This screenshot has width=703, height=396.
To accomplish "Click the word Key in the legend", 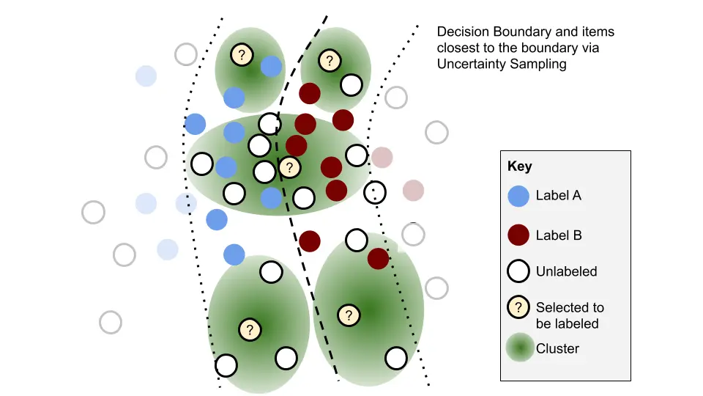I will pos(519,166).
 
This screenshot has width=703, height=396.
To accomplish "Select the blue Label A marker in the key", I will pos(518,196).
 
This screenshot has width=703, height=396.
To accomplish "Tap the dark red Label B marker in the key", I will pos(518,235).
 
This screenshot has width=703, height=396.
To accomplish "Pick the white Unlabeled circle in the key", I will pos(518,271).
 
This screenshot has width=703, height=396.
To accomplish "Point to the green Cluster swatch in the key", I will pos(518,349).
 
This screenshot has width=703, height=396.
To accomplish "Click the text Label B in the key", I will pos(559,235).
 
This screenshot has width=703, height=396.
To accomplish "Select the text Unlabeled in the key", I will pos(566,271).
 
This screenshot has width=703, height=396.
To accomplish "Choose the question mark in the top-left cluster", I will pos(242,54).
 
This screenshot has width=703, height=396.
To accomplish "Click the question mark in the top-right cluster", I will pos(330,60).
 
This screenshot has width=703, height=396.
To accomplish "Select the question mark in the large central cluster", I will pos(290,168).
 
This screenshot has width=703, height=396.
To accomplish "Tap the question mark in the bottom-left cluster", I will pos(250,329).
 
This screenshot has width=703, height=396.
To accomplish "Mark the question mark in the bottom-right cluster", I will pos(349,315).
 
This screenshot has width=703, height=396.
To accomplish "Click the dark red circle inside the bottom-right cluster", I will pos(378,258).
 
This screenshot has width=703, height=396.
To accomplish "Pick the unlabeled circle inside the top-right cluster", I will pos(351,85).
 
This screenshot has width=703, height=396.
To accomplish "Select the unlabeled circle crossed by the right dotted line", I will pos(375,192).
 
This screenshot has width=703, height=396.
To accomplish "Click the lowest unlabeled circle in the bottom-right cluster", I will pos(396,358).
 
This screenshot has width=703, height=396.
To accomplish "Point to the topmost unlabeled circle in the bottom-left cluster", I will pos(270,272).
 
